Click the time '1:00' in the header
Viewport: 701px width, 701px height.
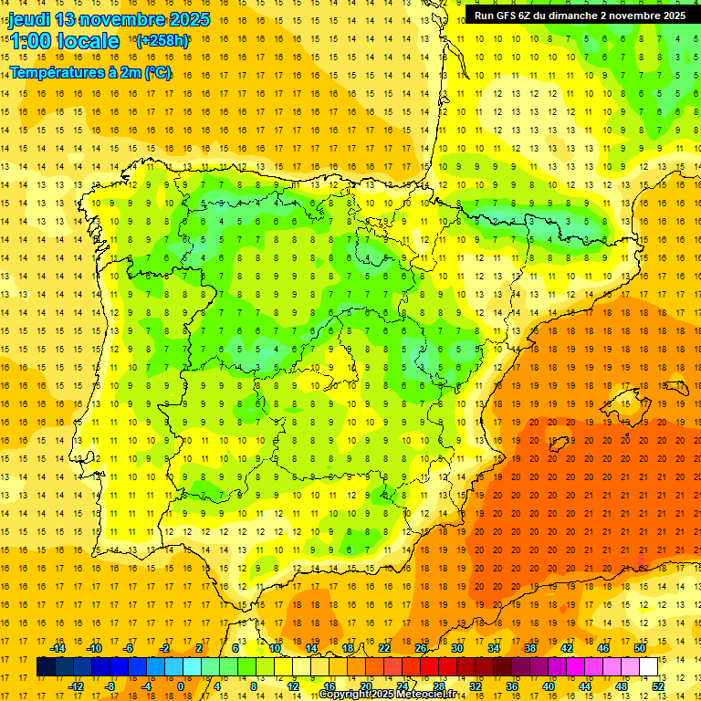click(x=29, y=41)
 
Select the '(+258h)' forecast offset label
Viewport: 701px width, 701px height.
click(x=162, y=41)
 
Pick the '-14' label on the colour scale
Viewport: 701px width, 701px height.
click(x=58, y=648)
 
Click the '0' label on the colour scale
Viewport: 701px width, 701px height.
click(x=181, y=686)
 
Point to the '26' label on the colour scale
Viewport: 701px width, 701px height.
click(x=421, y=648)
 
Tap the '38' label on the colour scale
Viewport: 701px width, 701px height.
click(x=530, y=648)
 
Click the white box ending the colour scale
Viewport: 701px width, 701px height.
click(x=648, y=667)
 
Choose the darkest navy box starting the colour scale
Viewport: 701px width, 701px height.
click(x=46, y=667)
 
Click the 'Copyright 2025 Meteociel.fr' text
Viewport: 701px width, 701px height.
click(x=387, y=695)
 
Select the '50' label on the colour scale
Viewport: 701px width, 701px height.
click(x=640, y=648)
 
